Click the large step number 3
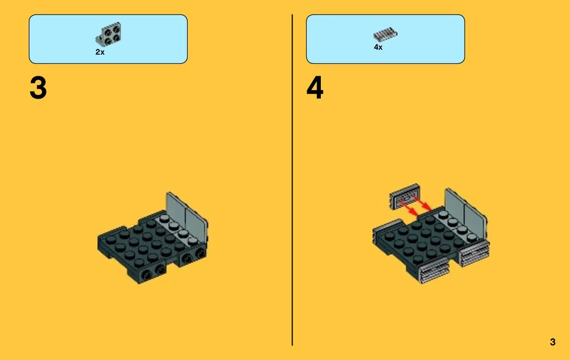(x=38, y=88)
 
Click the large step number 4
(x=315, y=88)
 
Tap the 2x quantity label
(x=100, y=52)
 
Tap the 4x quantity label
(x=378, y=47)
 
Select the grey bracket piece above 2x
(x=109, y=34)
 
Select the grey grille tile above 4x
(x=385, y=34)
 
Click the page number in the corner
(x=552, y=342)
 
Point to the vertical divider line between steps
(x=292, y=180)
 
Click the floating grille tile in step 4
(x=405, y=197)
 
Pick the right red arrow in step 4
(x=422, y=203)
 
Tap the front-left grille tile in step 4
(x=434, y=273)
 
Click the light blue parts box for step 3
(x=108, y=40)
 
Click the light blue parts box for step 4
(x=385, y=40)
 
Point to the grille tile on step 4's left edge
(x=387, y=226)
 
